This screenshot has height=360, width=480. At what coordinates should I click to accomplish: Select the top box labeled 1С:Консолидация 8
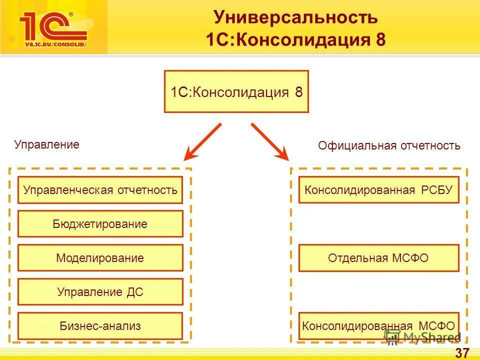coord(236,91)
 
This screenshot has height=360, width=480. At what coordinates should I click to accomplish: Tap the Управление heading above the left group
coord(47,144)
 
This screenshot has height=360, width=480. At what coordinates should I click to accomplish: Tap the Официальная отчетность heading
coord(389,145)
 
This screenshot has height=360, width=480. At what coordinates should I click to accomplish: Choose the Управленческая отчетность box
coord(100,190)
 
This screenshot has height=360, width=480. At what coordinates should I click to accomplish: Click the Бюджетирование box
coord(100,223)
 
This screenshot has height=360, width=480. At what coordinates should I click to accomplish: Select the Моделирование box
coord(100,258)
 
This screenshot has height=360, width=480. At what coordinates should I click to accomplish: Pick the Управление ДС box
coord(100,292)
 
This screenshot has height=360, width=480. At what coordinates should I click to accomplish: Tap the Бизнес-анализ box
coord(100,326)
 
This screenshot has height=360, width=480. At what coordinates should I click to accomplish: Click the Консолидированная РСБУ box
coord(378,190)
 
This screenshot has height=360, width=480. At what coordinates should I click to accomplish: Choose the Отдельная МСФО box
coord(378,258)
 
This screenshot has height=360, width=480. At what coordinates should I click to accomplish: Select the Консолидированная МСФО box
coord(378,326)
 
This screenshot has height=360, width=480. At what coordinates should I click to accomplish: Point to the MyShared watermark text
coord(432,338)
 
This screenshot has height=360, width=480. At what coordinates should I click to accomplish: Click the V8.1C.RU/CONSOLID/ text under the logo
coord(55,44)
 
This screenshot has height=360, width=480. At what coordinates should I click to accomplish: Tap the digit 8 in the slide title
coord(380,40)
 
